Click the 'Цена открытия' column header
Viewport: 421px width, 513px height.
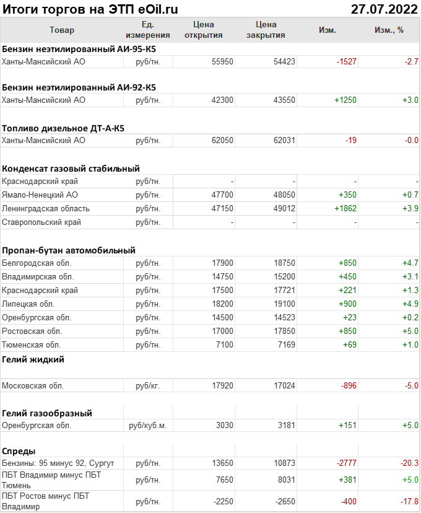tap(204, 30)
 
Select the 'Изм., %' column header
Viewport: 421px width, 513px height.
tap(389, 30)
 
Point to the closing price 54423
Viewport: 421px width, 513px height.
tap(284, 61)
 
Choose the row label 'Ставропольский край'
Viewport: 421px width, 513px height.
tap(41, 222)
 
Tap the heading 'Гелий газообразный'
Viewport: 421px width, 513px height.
tap(47, 413)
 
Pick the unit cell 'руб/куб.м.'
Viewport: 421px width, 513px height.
tap(147, 426)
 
